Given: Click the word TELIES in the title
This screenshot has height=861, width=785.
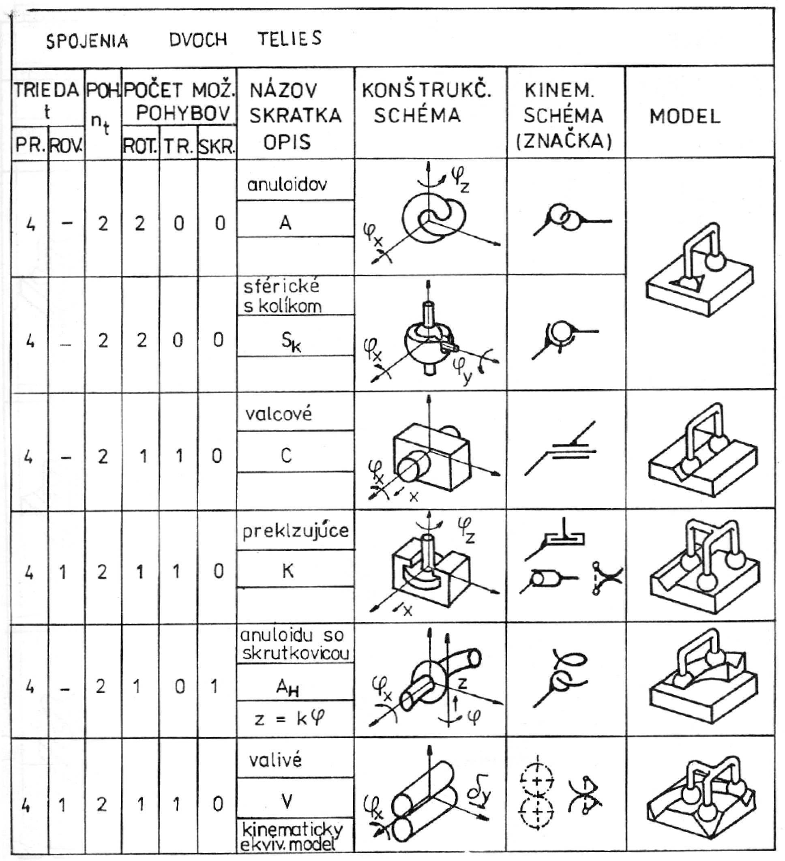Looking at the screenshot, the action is [x=290, y=39].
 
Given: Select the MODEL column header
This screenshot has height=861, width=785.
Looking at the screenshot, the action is [x=685, y=116].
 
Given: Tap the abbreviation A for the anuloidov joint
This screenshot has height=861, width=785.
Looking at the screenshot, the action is [x=285, y=223].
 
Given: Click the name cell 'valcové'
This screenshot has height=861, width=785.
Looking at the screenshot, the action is [x=279, y=414].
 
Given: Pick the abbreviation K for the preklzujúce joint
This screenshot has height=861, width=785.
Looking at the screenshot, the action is [x=287, y=571].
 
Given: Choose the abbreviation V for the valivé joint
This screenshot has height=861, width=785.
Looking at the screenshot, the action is [x=287, y=802].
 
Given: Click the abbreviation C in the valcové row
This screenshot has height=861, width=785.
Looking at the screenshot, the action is [x=286, y=456].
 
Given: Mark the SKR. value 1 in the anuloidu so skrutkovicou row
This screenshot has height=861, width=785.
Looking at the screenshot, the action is [x=214, y=686].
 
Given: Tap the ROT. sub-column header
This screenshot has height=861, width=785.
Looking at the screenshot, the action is [x=140, y=146].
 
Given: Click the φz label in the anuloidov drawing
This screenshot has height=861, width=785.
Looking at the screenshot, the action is [x=460, y=180].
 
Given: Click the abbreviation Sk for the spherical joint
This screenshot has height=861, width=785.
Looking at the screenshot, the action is [x=291, y=342].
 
